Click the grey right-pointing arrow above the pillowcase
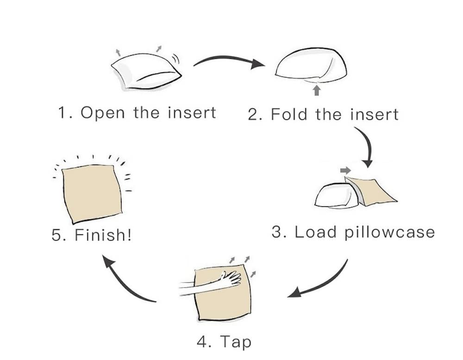345,170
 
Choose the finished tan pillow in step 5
91,192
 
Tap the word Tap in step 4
236,342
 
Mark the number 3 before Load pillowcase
277,232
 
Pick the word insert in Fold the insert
374,114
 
